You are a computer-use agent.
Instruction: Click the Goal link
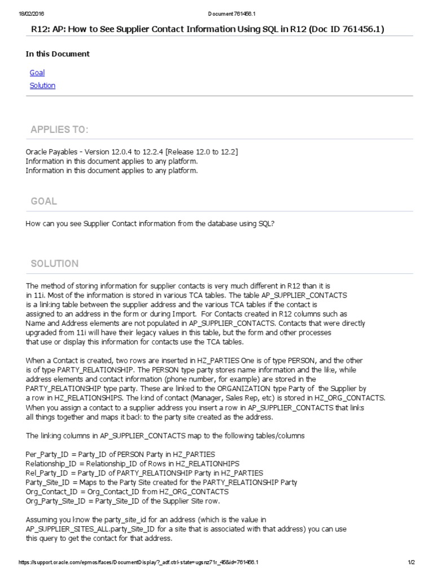37,73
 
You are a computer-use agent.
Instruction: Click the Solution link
43,86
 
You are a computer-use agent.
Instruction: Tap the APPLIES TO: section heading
59,130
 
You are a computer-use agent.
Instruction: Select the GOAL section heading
44,201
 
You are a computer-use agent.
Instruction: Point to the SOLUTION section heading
55,264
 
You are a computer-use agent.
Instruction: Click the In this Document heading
58,54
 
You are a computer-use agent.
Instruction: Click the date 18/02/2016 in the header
25,13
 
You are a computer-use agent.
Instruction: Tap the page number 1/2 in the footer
411,562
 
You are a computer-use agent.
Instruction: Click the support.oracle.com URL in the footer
139,562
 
